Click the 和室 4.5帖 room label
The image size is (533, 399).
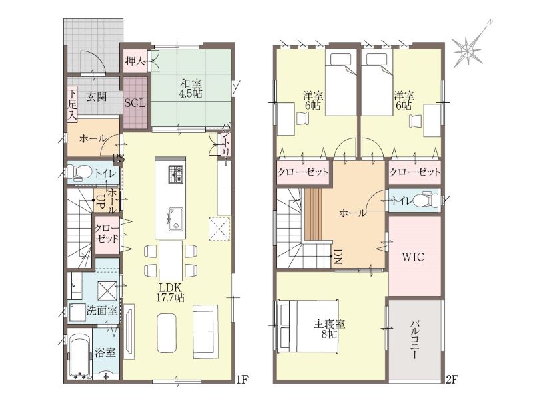(x=191, y=89)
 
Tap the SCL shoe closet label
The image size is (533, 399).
(x=135, y=103)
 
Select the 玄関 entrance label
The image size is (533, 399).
(x=96, y=97)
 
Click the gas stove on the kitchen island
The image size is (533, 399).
(x=176, y=174)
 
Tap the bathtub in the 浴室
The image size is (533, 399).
(x=80, y=356)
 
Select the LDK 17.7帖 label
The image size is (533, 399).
(x=171, y=293)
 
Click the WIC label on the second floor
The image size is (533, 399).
(x=413, y=257)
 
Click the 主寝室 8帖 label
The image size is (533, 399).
(x=329, y=329)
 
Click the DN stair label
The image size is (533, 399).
(x=338, y=257)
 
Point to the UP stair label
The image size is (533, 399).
(x=101, y=201)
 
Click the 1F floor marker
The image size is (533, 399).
(x=243, y=379)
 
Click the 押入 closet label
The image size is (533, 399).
(x=135, y=61)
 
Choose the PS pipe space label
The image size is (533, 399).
(x=119, y=158)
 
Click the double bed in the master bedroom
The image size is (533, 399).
(x=308, y=326)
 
